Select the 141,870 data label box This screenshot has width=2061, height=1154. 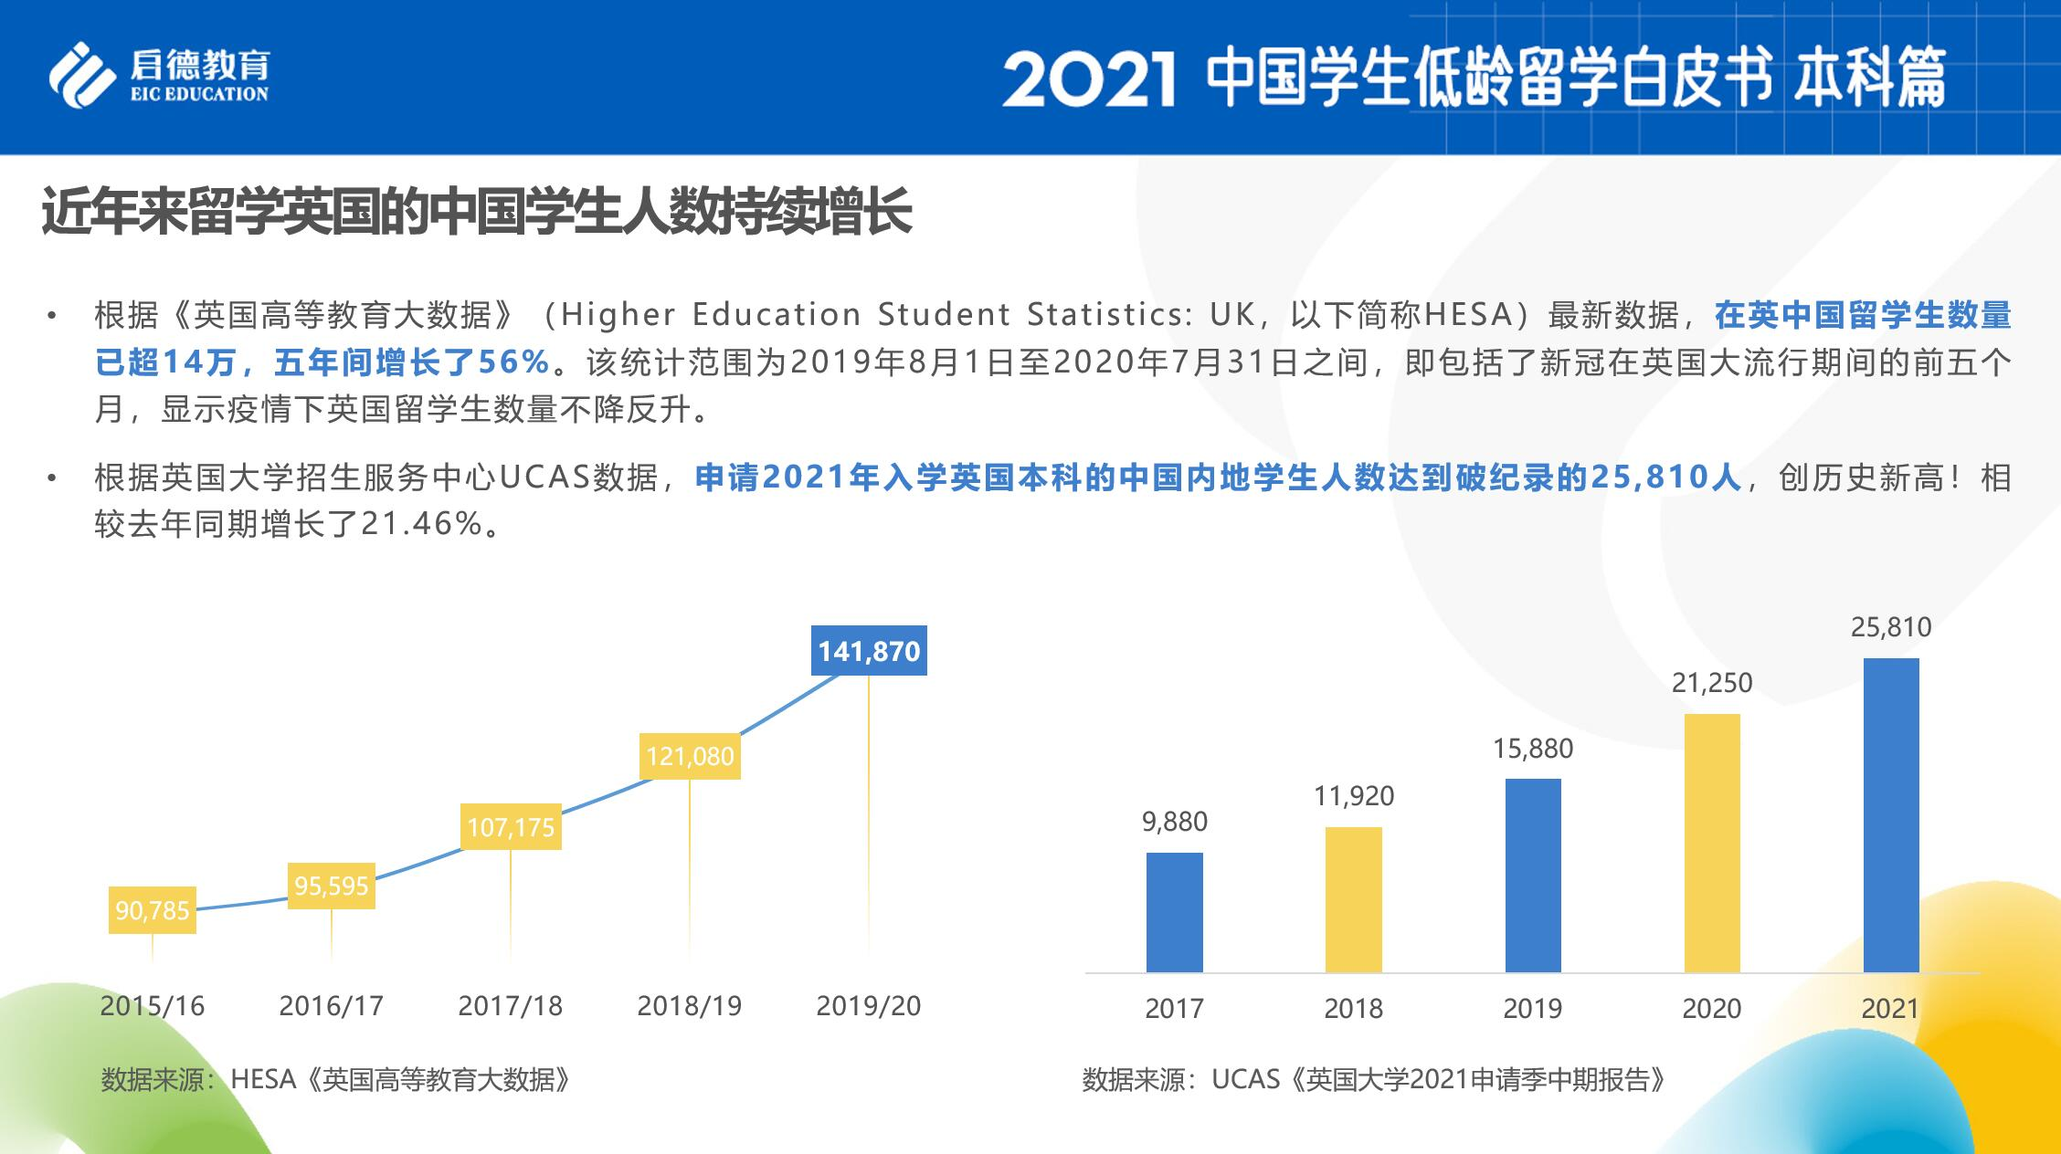pyautogui.click(x=869, y=651)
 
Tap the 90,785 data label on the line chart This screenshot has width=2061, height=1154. pyautogui.click(x=153, y=910)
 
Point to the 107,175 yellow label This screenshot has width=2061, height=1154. pyautogui.click(x=511, y=827)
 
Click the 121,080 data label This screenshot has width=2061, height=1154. pyautogui.click(x=690, y=756)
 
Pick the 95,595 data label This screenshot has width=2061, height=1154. pyautogui.click(x=332, y=886)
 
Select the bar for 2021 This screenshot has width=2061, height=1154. pyautogui.click(x=1890, y=814)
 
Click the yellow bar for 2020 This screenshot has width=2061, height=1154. pyautogui.click(x=1711, y=843)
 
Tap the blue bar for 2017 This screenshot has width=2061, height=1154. pyautogui.click(x=1174, y=912)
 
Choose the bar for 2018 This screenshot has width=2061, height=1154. pyautogui.click(x=1353, y=899)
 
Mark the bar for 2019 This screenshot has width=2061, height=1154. pyautogui.click(x=1532, y=875)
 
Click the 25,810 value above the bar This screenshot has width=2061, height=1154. pyautogui.click(x=1890, y=627)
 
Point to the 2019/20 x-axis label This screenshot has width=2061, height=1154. pyautogui.click(x=868, y=1005)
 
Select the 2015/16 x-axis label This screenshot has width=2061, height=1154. pyautogui.click(x=153, y=1005)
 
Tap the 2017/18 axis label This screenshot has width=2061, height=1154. pyautogui.click(x=510, y=1005)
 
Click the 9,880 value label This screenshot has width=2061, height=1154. pyautogui.click(x=1174, y=822)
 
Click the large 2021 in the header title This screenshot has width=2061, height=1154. pyautogui.click(x=1087, y=79)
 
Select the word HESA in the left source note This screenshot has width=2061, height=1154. pyautogui.click(x=263, y=1079)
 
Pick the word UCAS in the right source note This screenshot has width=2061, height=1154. pyautogui.click(x=1245, y=1079)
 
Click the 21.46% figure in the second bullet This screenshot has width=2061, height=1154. pyautogui.click(x=420, y=524)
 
